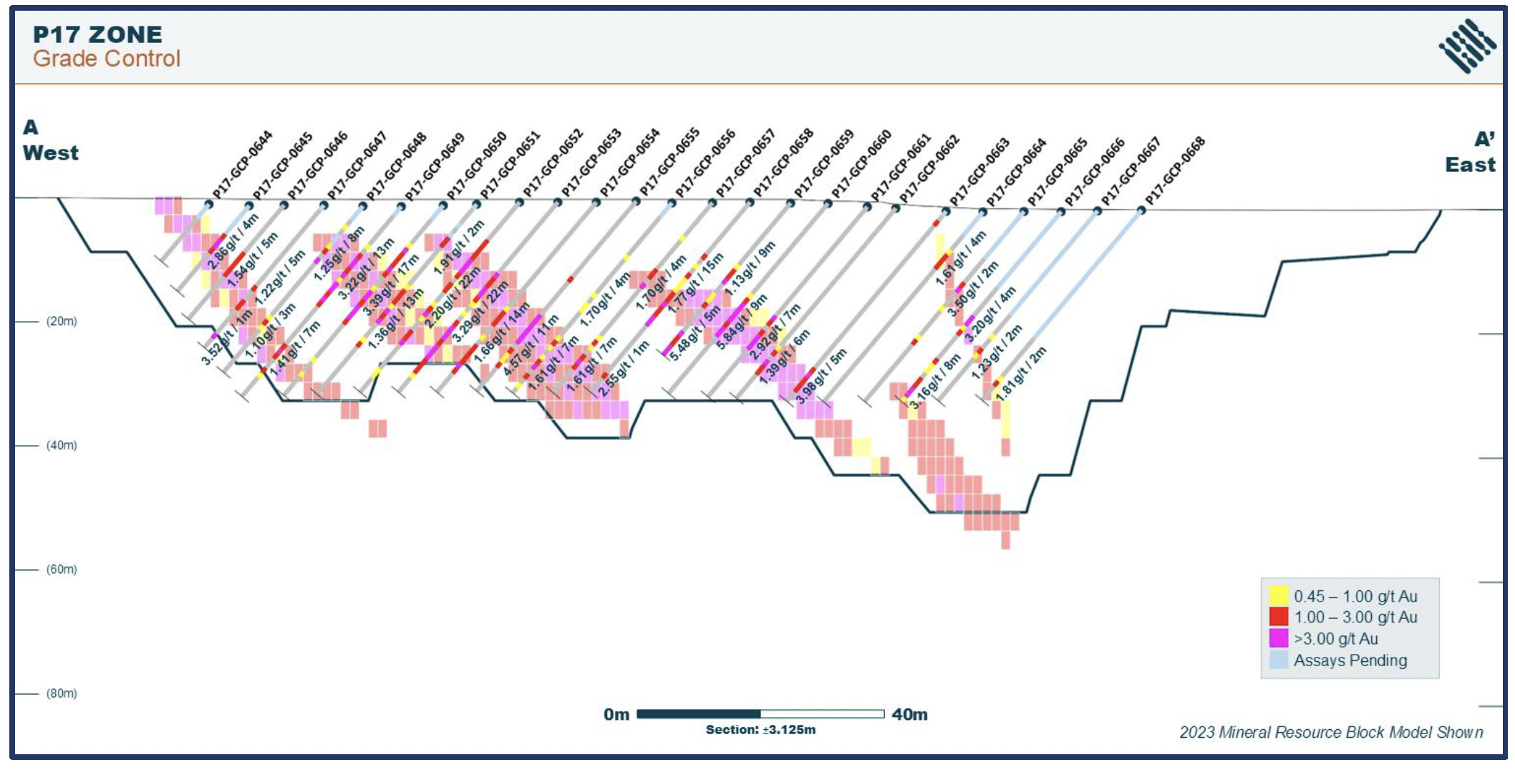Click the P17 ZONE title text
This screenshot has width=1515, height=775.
pos(97,34)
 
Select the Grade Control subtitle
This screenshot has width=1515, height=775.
pos(106,59)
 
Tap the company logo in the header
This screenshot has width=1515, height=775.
pos(1467,46)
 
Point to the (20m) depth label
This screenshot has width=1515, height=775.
pos(62,322)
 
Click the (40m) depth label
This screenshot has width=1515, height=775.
pos(62,446)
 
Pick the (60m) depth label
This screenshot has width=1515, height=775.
pos(62,569)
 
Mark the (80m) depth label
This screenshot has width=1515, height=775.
pos(62,693)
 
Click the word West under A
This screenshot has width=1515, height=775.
pos(50,153)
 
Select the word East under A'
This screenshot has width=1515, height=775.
pos(1470,165)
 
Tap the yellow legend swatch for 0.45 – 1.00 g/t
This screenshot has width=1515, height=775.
pos(1278,596)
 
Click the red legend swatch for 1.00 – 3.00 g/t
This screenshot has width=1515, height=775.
pos(1278,617)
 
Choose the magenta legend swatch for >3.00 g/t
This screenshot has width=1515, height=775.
pos(1278,638)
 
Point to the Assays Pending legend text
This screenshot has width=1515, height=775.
pos(1350,660)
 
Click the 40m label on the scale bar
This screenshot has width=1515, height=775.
pos(909,715)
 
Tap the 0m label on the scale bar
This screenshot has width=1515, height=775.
pos(616,715)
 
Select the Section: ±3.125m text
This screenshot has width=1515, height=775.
pos(760,730)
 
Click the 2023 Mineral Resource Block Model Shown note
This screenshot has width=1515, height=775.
pos(1331,732)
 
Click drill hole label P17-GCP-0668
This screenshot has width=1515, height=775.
pos(1175,170)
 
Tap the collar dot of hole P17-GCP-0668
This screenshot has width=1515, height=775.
pos(1141,211)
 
